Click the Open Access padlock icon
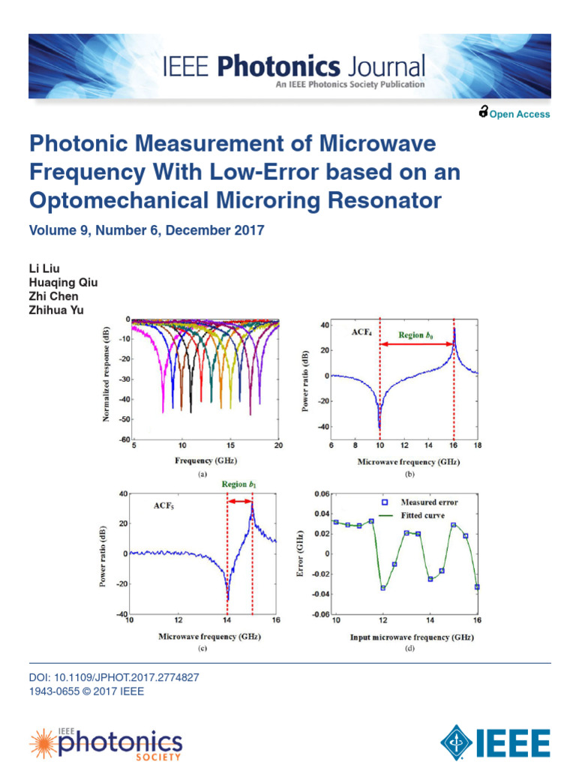coord(483,113)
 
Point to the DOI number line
coord(113,677)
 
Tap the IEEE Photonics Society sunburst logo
coord(43,743)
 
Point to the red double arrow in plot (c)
coord(239,501)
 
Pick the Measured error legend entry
coord(428,502)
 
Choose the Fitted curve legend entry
coord(422,516)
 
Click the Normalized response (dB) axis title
coord(107,379)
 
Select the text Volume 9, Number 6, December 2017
coord(147,231)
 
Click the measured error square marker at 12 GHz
coord(383,588)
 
